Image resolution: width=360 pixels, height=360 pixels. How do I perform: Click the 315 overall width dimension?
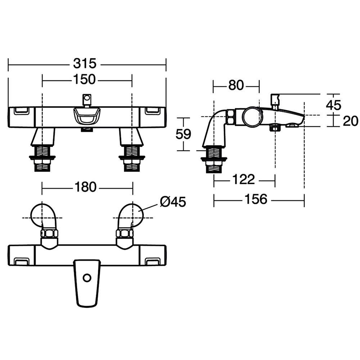(85, 64)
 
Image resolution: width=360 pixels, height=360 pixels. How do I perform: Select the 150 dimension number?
(84, 80)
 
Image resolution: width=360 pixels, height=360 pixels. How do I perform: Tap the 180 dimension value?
(85, 187)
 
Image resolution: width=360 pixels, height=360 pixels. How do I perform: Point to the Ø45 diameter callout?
(173, 202)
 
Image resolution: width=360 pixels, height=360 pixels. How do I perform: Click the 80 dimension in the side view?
(236, 85)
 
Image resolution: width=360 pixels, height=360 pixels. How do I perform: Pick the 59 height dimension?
(183, 134)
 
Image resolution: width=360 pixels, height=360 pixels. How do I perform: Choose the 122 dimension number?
(244, 179)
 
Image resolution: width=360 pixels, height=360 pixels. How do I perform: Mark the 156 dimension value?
(256, 199)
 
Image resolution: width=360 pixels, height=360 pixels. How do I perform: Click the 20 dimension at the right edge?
(350, 121)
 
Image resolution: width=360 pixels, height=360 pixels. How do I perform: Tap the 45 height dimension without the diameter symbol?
(334, 105)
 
